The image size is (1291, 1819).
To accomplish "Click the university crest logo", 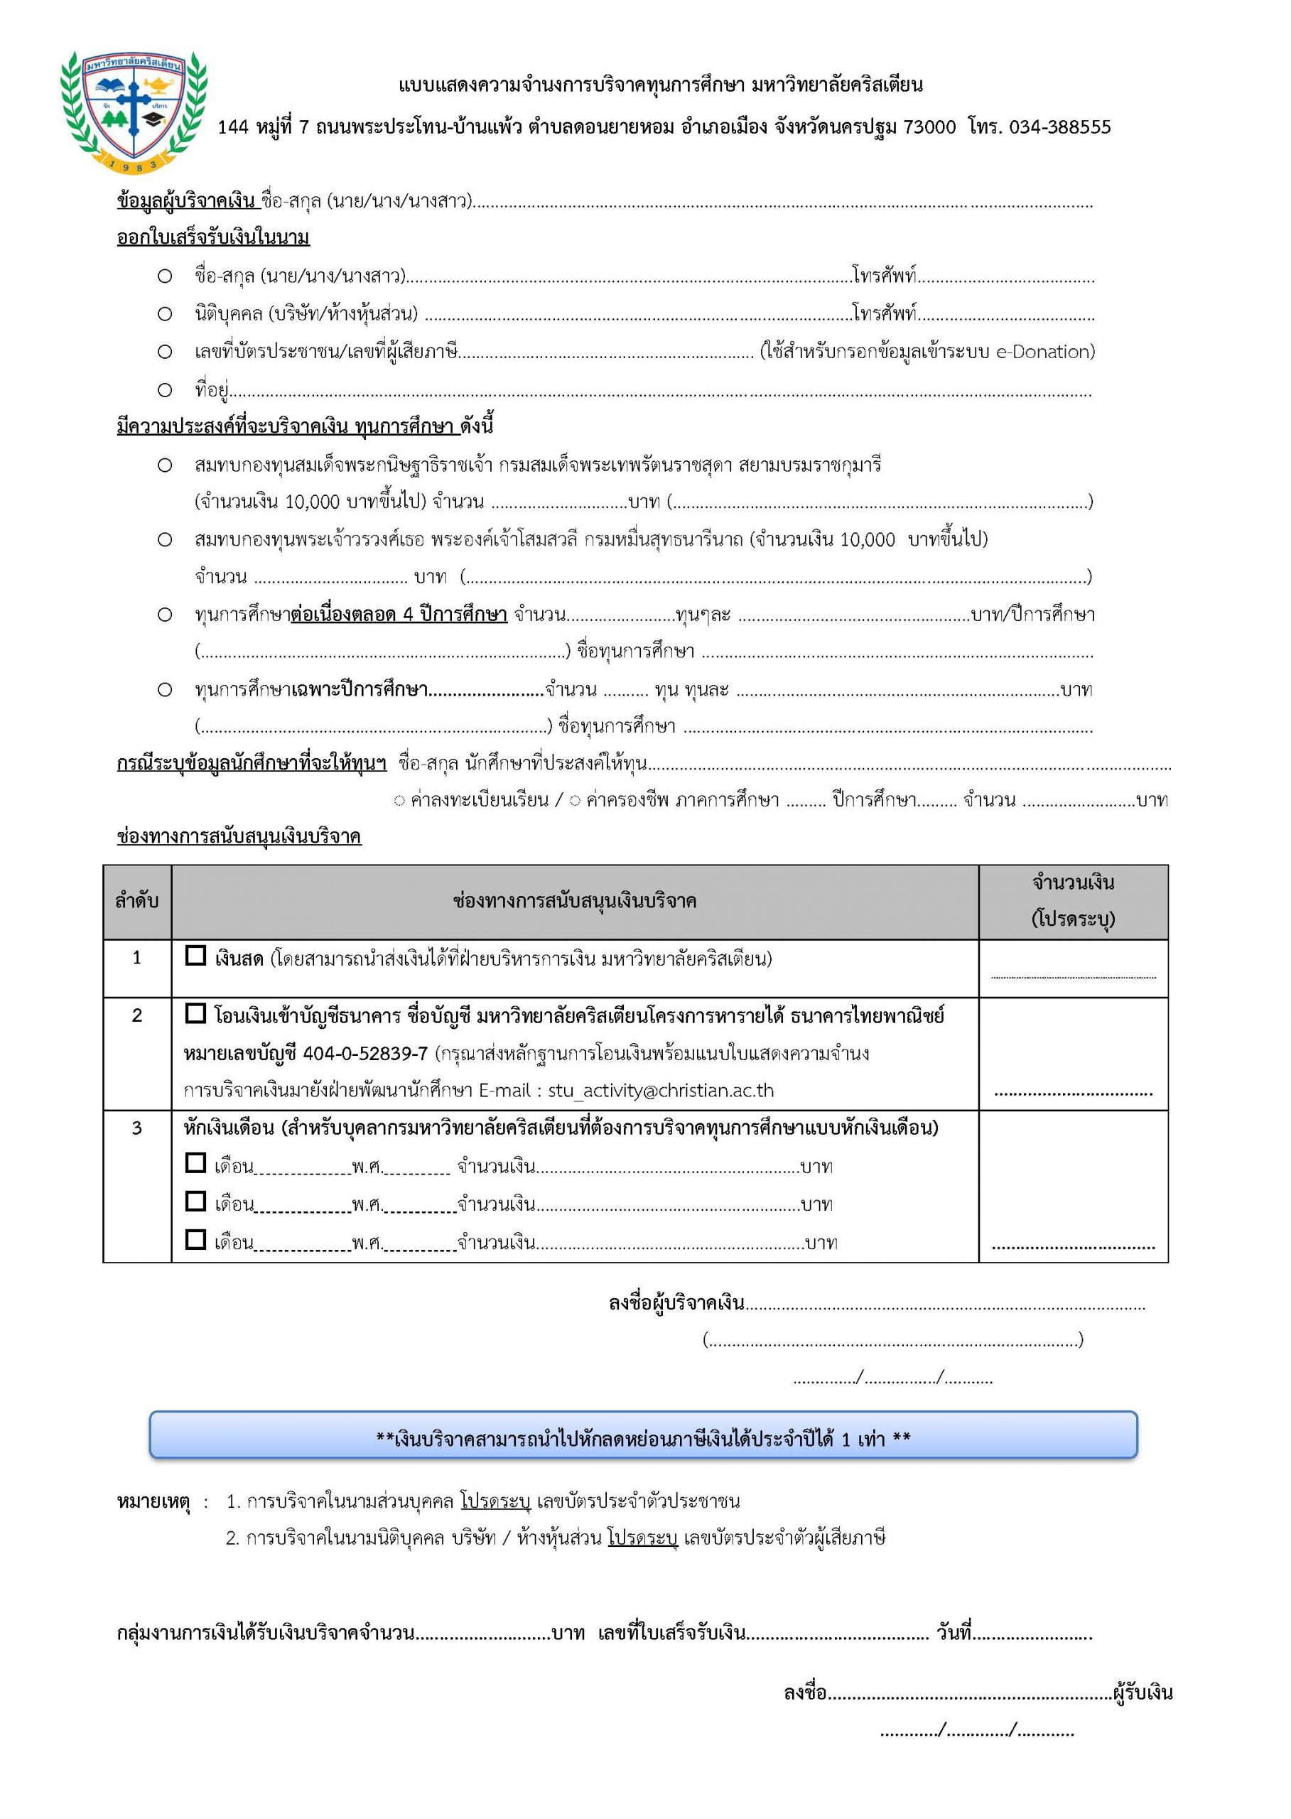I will tap(134, 112).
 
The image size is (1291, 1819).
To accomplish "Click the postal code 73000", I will tap(929, 127).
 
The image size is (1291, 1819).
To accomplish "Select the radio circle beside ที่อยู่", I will tap(165, 390).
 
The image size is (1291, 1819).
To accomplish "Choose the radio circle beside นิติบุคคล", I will tap(165, 314).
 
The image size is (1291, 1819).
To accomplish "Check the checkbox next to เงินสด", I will tap(195, 956).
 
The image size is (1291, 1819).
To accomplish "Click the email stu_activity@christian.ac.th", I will tap(661, 1090).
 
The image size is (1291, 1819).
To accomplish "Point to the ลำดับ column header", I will tap(136, 902).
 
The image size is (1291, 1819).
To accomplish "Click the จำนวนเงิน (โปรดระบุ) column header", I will tap(1072, 901).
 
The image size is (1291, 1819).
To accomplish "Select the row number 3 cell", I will tap(136, 1128).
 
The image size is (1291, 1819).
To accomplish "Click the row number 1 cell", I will tap(136, 958).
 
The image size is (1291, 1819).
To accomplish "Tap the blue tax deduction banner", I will tap(643, 1438).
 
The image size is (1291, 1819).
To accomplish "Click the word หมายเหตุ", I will tap(153, 1502).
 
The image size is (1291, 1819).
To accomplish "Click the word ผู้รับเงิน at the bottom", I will tap(1143, 1693).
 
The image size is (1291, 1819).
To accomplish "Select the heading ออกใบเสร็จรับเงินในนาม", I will tap(213, 238).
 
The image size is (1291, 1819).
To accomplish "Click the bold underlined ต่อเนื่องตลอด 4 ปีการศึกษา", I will tap(399, 615).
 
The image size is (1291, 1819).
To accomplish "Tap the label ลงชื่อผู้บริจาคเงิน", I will tap(676, 1303).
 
